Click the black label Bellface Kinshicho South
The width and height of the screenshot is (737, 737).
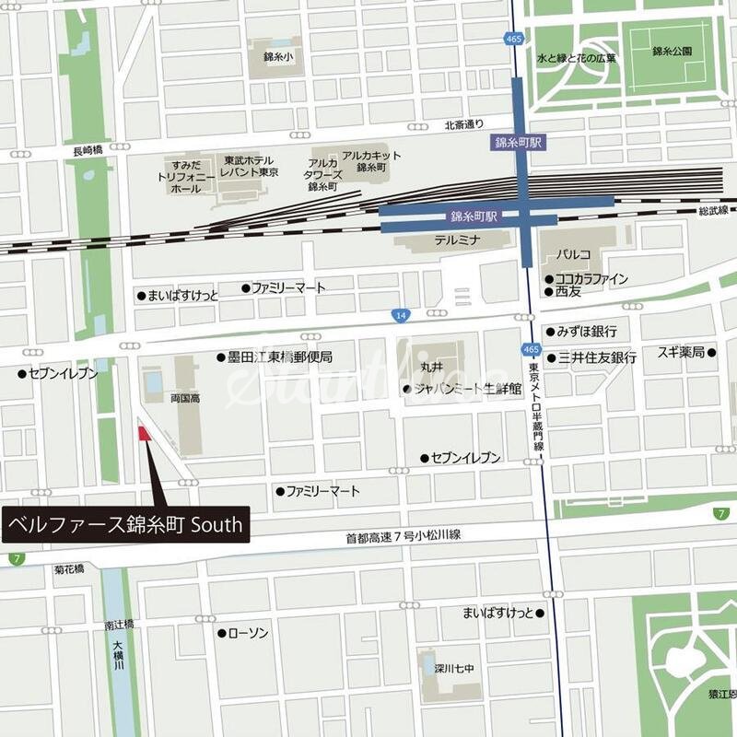pos(125,526)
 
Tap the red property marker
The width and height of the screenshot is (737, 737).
pos(144,433)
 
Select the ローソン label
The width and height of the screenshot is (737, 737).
pos(247,633)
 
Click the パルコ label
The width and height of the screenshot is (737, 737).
pos(572,252)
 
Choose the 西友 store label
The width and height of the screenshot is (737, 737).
pos(568,291)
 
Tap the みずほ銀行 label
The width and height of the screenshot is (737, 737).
pos(586,332)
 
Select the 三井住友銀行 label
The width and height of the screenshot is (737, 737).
pos(596,357)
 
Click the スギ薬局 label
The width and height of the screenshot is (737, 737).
pos(681,352)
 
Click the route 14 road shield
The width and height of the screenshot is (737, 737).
pos(399,315)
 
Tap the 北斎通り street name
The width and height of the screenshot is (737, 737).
pos(463,125)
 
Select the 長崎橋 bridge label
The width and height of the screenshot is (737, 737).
pos(88,149)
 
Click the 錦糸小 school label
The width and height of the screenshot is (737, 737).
pos(275,57)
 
